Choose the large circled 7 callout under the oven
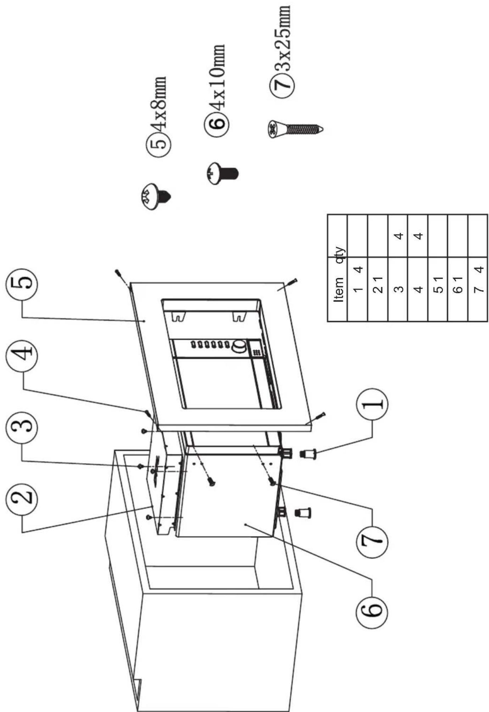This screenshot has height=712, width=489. tap(372, 538)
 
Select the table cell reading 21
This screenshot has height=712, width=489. tap(378, 285)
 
